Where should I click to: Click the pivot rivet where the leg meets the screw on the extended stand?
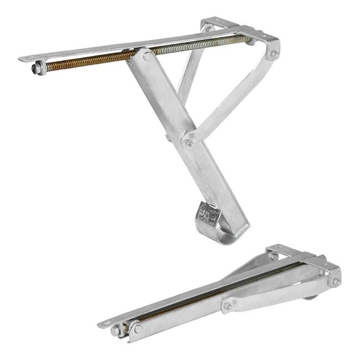click(x=147, y=56)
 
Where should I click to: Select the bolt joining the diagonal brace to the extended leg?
click(x=189, y=143)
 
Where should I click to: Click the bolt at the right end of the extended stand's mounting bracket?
click(x=274, y=54)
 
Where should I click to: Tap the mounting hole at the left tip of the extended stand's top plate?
click(x=25, y=58)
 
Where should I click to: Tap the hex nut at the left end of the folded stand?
click(x=117, y=331)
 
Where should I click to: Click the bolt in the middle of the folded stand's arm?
click(x=228, y=305)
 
